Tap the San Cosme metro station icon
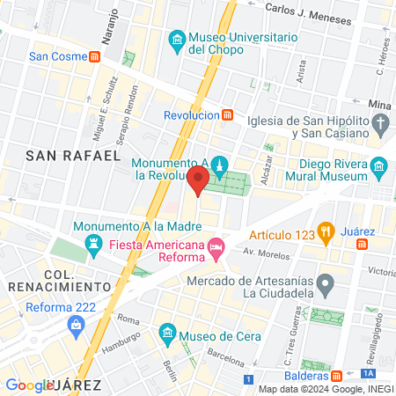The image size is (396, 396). click(x=94, y=56)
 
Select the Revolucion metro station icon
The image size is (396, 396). click(x=228, y=114)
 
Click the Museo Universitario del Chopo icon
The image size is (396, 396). click(x=177, y=40)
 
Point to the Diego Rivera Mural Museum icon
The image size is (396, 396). click(x=379, y=167)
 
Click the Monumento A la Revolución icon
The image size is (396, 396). click(x=220, y=165)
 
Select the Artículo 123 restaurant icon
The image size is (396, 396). click(x=325, y=234)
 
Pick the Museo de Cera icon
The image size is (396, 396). click(x=166, y=334)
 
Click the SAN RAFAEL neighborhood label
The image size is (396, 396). click(x=73, y=155)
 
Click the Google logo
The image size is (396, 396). click(x=29, y=385)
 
